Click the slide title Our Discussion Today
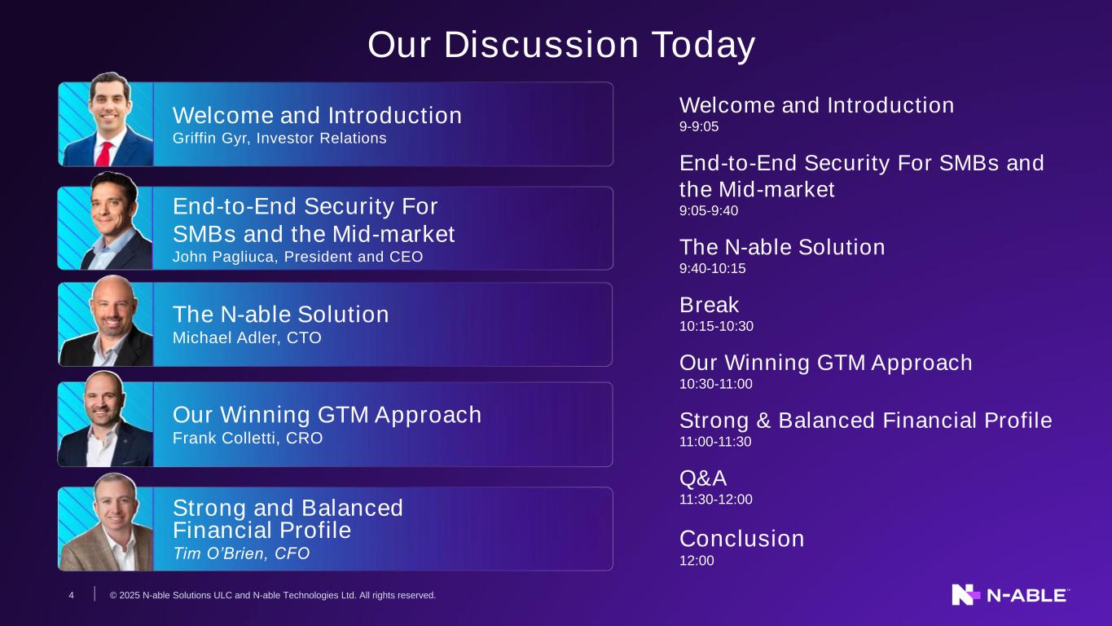(x=561, y=45)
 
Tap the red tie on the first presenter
(x=104, y=154)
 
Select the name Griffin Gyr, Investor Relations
(x=279, y=138)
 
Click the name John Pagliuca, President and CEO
(x=298, y=257)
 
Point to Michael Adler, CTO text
(x=247, y=337)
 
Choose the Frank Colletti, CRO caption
(x=248, y=439)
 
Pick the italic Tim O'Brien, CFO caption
(x=241, y=553)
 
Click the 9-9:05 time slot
(x=699, y=126)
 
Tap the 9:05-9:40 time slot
(x=709, y=210)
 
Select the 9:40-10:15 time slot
(x=712, y=269)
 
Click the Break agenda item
(x=710, y=305)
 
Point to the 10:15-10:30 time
(x=716, y=326)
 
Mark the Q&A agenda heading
(x=703, y=478)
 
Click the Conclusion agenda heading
(x=741, y=539)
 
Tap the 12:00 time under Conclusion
(x=697, y=561)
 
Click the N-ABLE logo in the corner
(x=1011, y=595)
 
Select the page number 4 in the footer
(x=72, y=595)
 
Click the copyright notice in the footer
(x=273, y=595)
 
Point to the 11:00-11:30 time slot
(x=715, y=442)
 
